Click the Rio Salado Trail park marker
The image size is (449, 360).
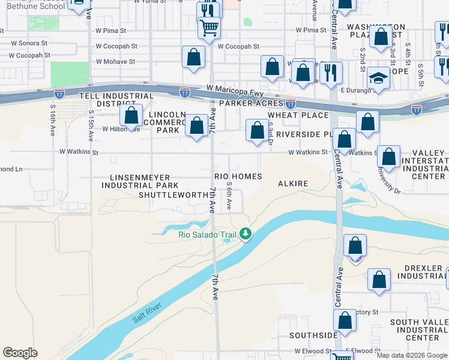pyautogui.click(x=245, y=233)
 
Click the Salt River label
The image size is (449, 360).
pyautogui.click(x=146, y=317)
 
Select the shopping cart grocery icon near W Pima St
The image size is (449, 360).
pyautogui.click(x=209, y=28)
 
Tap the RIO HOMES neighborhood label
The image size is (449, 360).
pyautogui.click(x=238, y=176)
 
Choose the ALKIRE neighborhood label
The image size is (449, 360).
pyautogui.click(x=293, y=184)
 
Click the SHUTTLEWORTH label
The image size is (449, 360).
pyautogui.click(x=172, y=195)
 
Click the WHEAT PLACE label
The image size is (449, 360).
pyautogui.click(x=298, y=115)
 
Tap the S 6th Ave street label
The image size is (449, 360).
pyautogui.click(x=229, y=197)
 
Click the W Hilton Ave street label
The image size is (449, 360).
pyautogui.click(x=121, y=128)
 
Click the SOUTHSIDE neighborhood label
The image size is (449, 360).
pyautogui.click(x=313, y=335)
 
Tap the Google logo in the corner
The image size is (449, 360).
pyautogui.click(x=20, y=353)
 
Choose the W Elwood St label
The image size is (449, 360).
pyautogui.click(x=313, y=351)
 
